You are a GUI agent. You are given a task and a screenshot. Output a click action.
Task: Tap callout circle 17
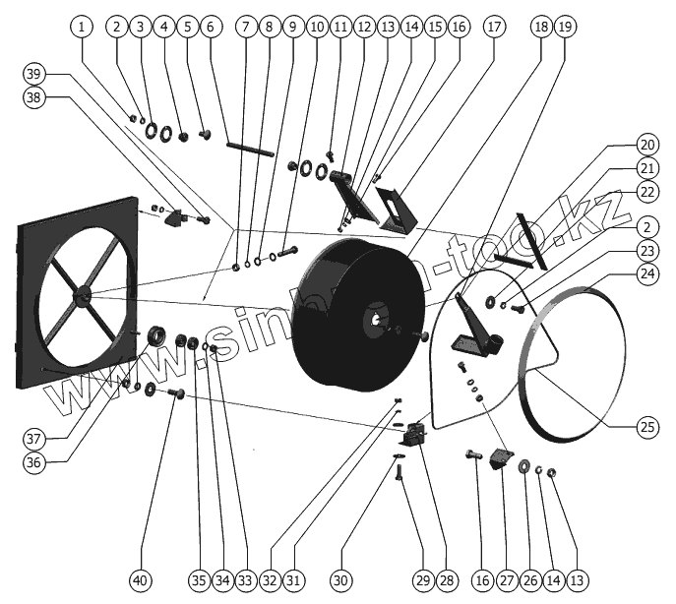pyautogui.click(x=493, y=27)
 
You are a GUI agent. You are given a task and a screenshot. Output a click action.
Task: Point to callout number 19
pyautogui.click(x=563, y=27)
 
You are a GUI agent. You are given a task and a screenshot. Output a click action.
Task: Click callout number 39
pyautogui.click(x=35, y=74)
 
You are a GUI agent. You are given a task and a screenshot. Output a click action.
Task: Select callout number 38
pyautogui.click(x=35, y=97)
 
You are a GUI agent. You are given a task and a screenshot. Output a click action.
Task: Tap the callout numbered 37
pyautogui.click(x=35, y=437)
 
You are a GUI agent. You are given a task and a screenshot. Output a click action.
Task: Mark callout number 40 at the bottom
pyautogui.click(x=142, y=580)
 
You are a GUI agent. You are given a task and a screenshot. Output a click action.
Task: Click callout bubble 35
pyautogui.click(x=200, y=580)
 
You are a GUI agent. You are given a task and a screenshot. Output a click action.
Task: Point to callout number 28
pyautogui.click(x=449, y=580)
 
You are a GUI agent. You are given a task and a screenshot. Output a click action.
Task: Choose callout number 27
pyautogui.click(x=506, y=580)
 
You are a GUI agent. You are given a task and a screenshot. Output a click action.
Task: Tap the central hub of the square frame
pyautogui.click(x=81, y=293)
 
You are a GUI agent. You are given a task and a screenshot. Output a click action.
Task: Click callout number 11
pyautogui.click(x=340, y=27)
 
